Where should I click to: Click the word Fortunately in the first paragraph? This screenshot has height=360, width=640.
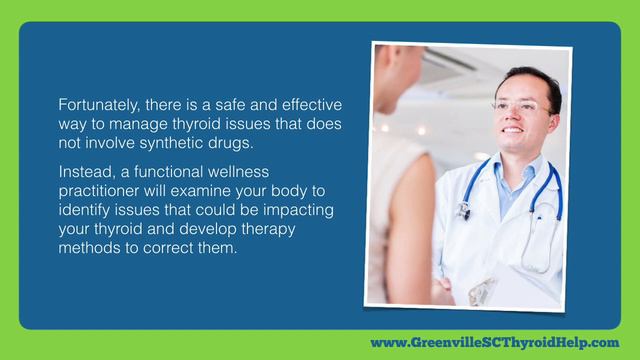tap(93, 105)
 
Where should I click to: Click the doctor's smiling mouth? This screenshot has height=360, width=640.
tap(514, 129)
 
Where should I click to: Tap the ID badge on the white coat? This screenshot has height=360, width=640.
tap(483, 291)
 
